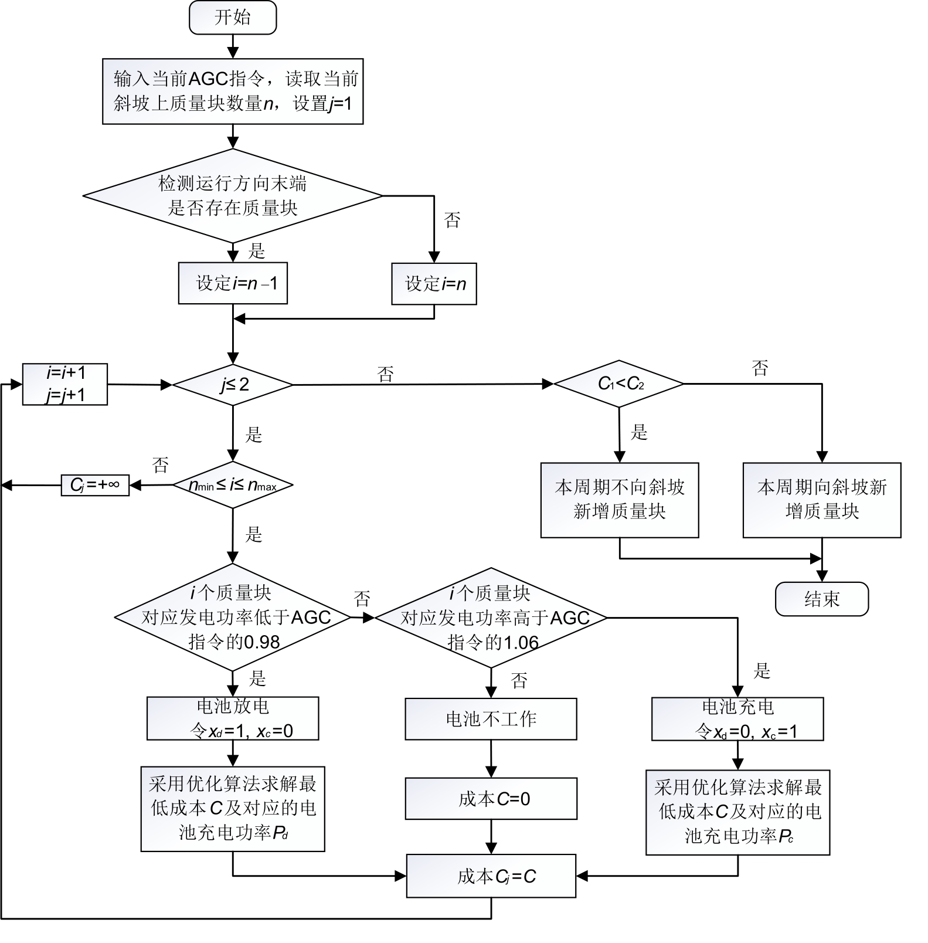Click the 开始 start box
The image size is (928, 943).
tap(233, 18)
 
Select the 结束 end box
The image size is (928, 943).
tap(821, 599)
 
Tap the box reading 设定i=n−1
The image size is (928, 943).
tap(233, 283)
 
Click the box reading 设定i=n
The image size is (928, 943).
tap(434, 284)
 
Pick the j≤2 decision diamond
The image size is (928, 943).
tap(233, 385)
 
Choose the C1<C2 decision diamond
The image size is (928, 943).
tap(619, 384)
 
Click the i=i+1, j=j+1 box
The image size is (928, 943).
tap(65, 384)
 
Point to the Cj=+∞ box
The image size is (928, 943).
tap(95, 485)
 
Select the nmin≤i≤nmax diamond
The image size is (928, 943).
tap(233, 485)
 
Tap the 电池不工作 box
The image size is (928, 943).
tap(491, 718)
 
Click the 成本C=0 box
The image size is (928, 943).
tap(491, 799)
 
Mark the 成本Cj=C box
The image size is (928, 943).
tap(491, 876)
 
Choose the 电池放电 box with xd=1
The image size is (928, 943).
tap(233, 718)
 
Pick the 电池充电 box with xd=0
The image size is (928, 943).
tap(737, 719)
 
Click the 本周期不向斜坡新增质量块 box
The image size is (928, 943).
tap(620, 500)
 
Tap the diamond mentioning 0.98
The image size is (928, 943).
tap(233, 617)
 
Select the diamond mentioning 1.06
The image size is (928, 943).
tap(491, 618)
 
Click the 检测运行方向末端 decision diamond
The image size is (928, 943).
tap(233, 195)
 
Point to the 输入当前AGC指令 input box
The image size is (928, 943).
tap(233, 91)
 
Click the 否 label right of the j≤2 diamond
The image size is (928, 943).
tap(385, 374)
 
